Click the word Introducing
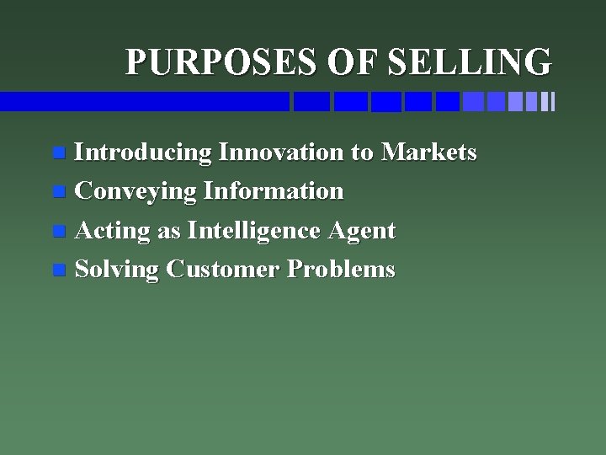click(x=142, y=153)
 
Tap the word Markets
click(x=429, y=153)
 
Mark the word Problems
click(x=341, y=270)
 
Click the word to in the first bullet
click(x=361, y=153)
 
